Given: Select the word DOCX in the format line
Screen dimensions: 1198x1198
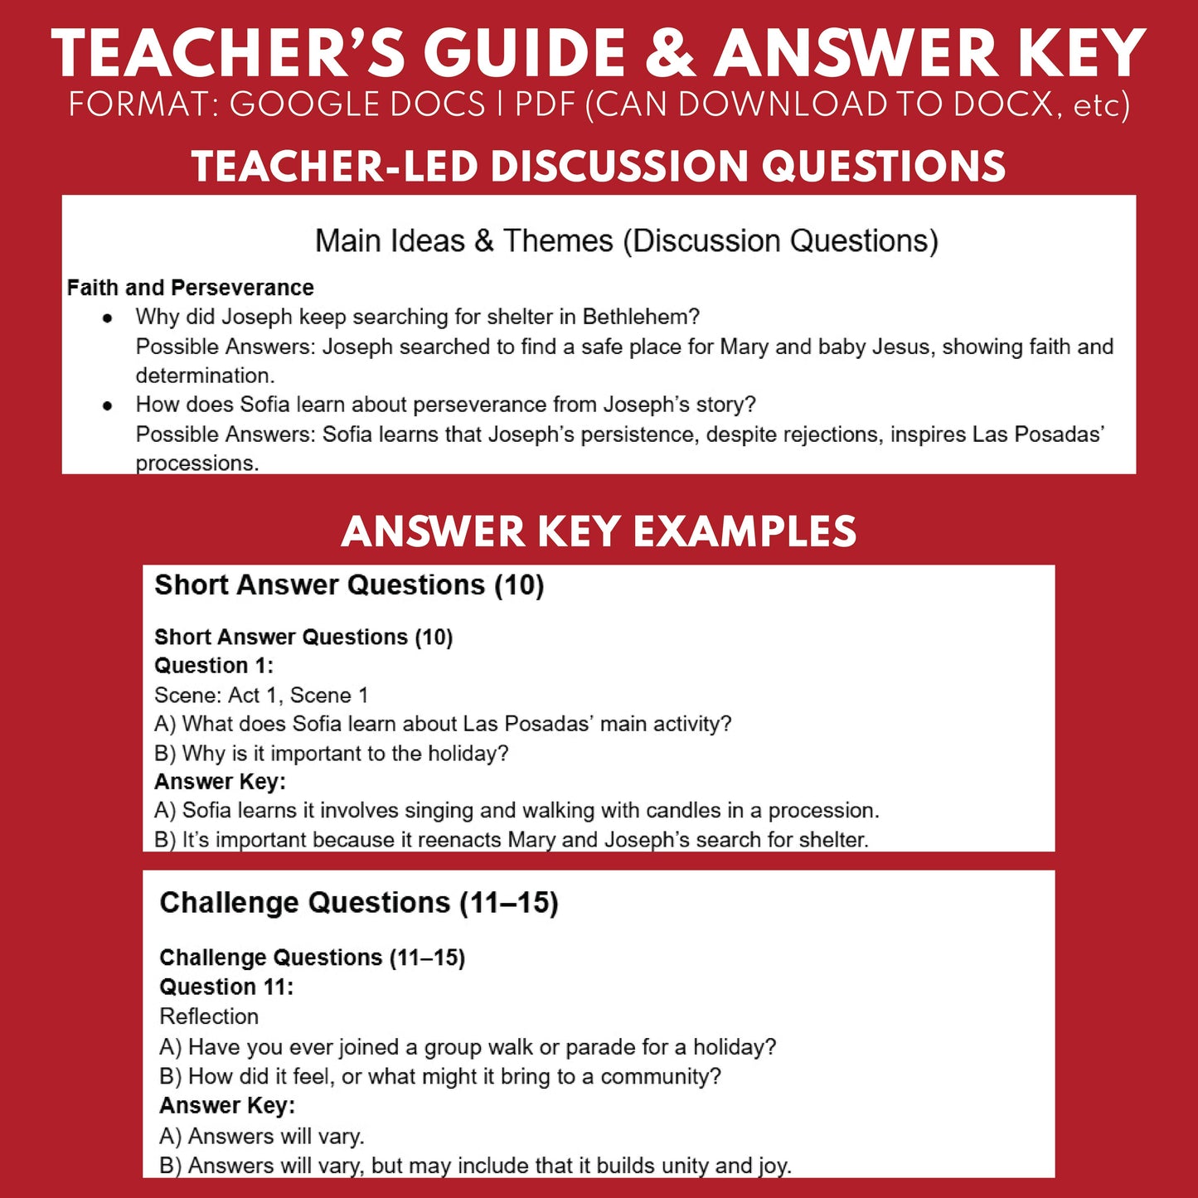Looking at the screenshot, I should [x=1004, y=105].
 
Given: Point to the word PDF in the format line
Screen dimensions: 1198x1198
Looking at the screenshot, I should [x=546, y=105].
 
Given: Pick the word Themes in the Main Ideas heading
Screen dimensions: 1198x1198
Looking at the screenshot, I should [x=558, y=241].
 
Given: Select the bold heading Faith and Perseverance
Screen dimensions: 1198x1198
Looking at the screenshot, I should [x=190, y=288].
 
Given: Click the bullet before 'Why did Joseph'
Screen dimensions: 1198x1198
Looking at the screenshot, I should [x=107, y=318].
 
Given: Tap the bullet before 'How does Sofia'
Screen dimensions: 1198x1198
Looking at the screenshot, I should [x=107, y=406].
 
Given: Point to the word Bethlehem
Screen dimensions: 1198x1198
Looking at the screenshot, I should [x=640, y=317].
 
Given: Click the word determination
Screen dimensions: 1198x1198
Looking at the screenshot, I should [x=204, y=376].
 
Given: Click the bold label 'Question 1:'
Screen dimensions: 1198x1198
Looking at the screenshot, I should [x=213, y=666].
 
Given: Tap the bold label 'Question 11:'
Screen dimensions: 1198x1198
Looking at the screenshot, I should [x=226, y=987].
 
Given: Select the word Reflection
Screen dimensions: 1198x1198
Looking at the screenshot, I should [x=209, y=1016].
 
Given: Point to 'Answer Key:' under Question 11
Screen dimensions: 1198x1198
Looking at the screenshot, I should [x=226, y=1106].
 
